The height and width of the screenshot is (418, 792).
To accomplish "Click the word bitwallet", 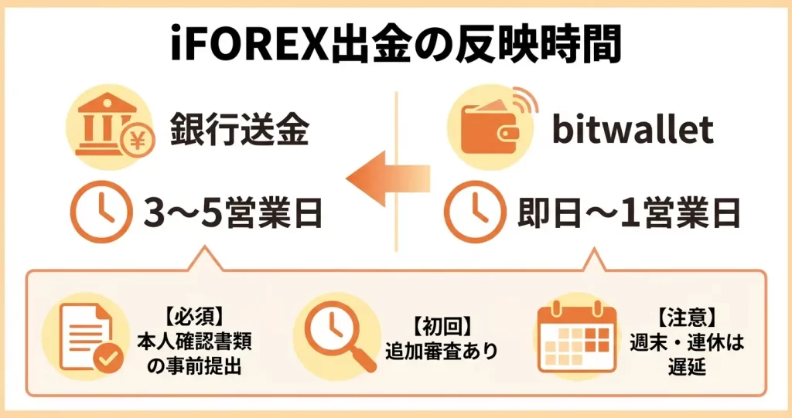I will (x=632, y=130).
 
